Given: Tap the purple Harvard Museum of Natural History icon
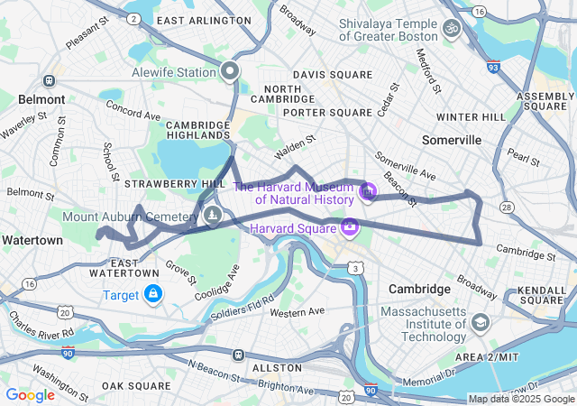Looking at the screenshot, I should click(x=367, y=191).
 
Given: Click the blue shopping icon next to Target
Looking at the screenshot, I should click(x=154, y=294).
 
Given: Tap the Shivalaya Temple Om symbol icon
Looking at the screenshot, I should click(x=452, y=29).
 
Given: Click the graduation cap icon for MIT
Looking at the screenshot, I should click(x=481, y=322).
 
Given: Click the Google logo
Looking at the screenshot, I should click(x=30, y=394).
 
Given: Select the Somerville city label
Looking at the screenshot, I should click(x=452, y=140).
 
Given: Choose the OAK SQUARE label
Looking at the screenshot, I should click(x=136, y=385).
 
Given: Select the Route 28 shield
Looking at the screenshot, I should click(x=507, y=208).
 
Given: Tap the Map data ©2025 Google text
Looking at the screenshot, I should click(x=521, y=399).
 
